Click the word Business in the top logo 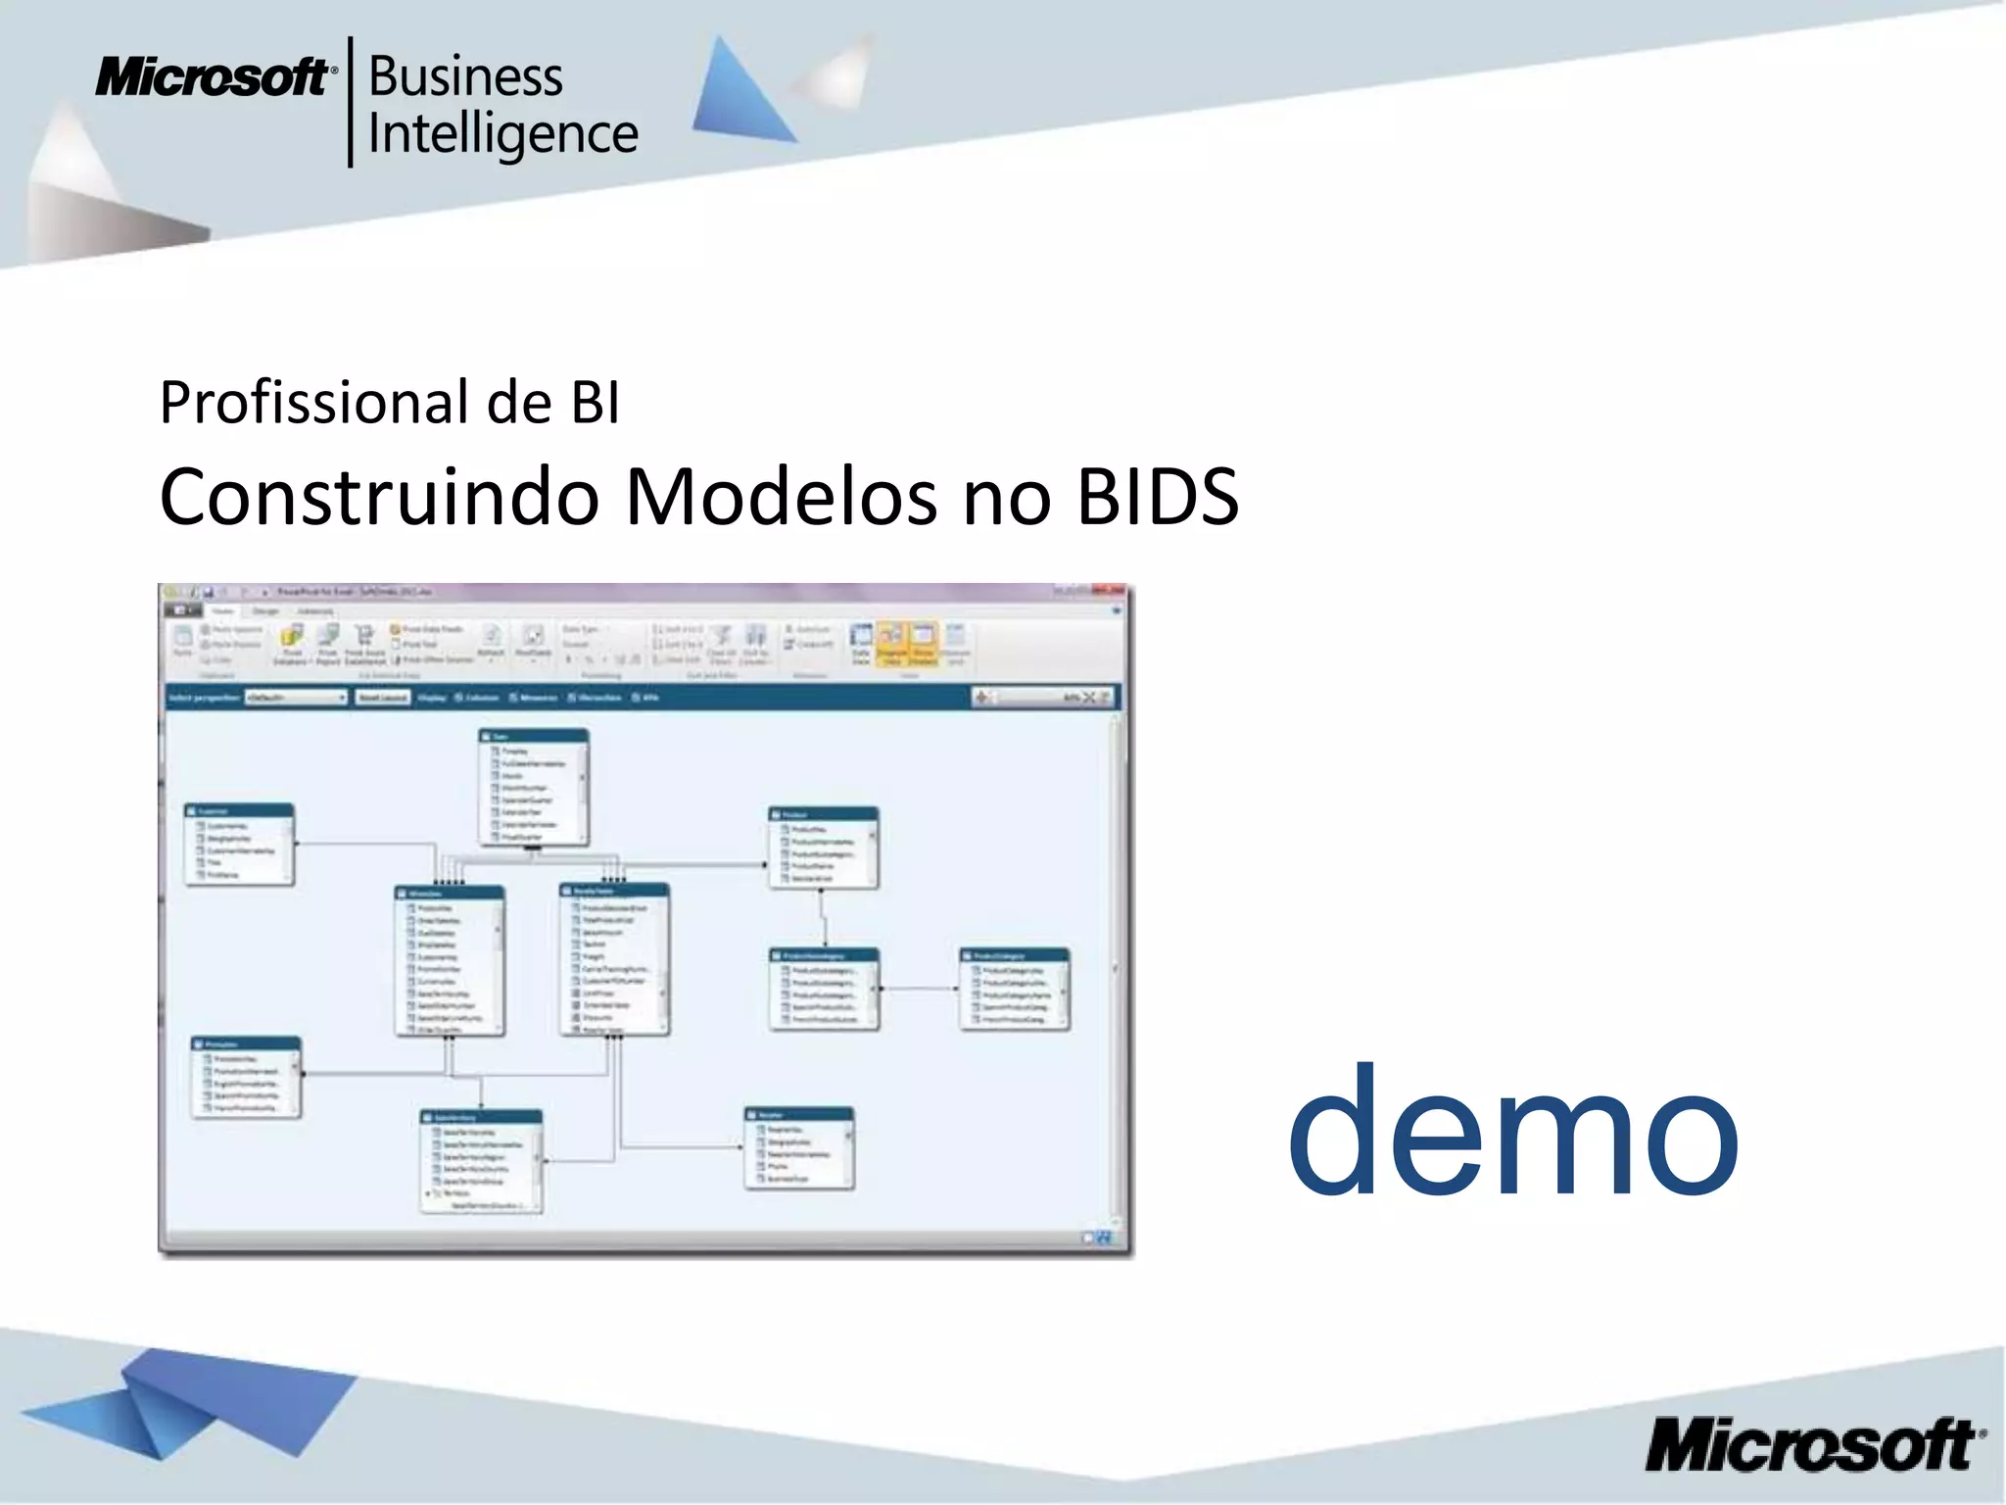[465, 77]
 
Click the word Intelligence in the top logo [502, 134]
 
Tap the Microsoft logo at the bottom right [1814, 1443]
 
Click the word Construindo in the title [379, 497]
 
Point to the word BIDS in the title [1158, 497]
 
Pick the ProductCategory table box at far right [1015, 989]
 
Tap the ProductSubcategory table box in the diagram [824, 989]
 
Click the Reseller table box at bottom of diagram [799, 1148]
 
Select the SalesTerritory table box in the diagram [481, 1161]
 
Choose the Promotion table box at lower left [246, 1077]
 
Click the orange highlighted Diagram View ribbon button [891, 645]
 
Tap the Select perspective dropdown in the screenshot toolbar [296, 698]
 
